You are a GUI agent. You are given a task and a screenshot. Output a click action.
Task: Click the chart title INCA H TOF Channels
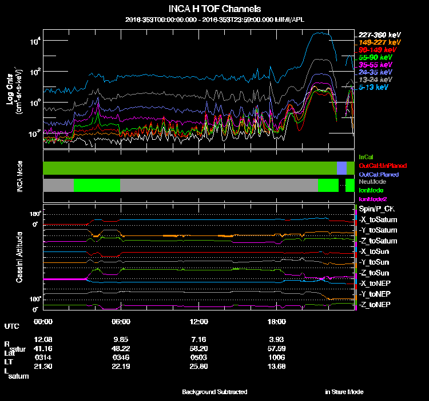pyautogui.click(x=215, y=9)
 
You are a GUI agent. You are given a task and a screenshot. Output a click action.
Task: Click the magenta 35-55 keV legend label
pyautogui.click(x=376, y=65)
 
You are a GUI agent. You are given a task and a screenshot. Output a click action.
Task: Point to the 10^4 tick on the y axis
pyautogui.click(x=35, y=41)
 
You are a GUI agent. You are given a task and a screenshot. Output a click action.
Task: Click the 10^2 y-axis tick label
pyautogui.click(x=35, y=72)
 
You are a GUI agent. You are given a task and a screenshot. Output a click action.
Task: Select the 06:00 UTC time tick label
pyautogui.click(x=121, y=321)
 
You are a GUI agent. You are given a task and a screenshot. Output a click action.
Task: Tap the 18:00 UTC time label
pyautogui.click(x=277, y=321)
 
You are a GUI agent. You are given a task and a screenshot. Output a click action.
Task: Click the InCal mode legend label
pyautogui.click(x=366, y=156)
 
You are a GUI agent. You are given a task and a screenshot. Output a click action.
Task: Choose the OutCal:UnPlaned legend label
pyautogui.click(x=379, y=165)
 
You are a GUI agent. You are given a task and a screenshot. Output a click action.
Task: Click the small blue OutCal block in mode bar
pyautogui.click(x=341, y=168)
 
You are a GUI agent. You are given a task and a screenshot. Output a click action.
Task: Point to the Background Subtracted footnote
pyautogui.click(x=214, y=392)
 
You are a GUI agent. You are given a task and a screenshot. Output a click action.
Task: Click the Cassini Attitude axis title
pyautogui.click(x=19, y=257)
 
